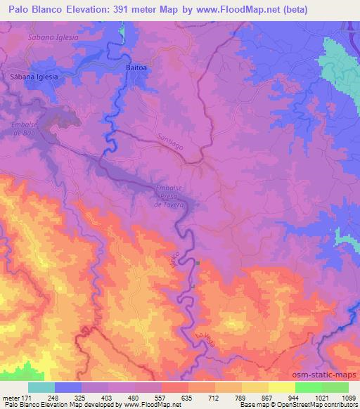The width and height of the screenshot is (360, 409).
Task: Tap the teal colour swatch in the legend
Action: pos(41,387)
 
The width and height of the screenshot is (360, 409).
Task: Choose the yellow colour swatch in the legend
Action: pos(282,387)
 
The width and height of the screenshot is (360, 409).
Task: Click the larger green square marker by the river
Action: pos(198,264)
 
